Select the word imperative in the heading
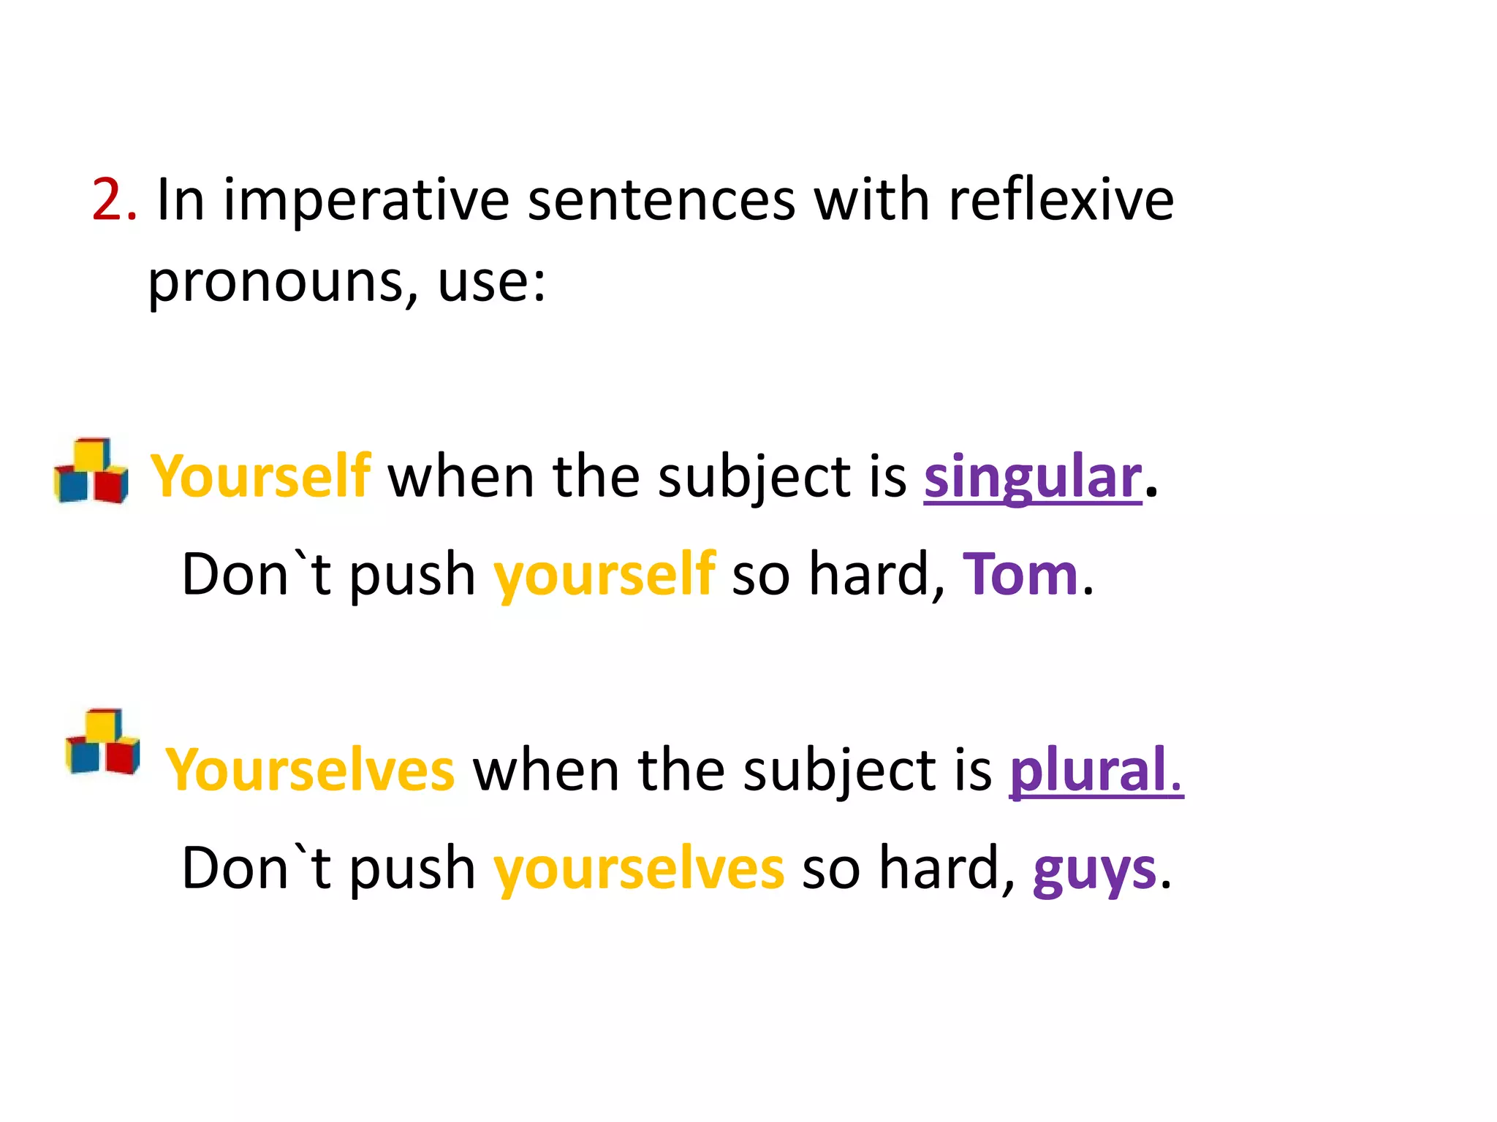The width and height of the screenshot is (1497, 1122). [366, 200]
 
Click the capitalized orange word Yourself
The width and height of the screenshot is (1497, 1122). [260, 476]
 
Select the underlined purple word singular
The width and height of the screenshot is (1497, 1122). [1032, 478]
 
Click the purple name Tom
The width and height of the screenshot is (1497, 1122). [1020, 575]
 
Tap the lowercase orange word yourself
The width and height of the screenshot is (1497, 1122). [604, 577]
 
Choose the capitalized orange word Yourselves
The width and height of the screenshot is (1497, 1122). [310, 770]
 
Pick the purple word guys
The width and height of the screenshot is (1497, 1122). [1094, 871]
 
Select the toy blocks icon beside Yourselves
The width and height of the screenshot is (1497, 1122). [103, 741]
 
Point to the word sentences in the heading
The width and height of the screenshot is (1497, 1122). [662, 200]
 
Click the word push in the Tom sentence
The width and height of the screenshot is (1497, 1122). [412, 577]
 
